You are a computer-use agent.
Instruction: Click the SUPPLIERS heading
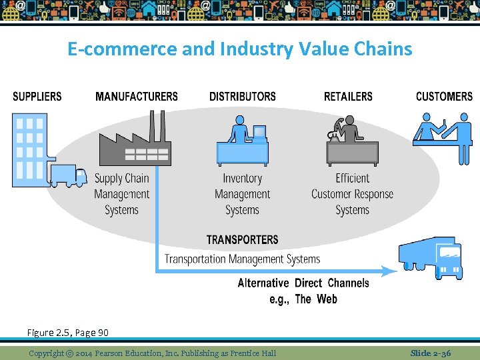pos(37,97)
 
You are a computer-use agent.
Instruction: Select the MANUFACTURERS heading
pos(137,97)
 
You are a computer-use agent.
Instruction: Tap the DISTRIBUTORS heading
pos(242,97)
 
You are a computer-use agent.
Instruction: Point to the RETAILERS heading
pos(348,97)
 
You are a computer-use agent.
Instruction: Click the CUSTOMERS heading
pos(444,97)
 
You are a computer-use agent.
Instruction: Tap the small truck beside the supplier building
pos(68,175)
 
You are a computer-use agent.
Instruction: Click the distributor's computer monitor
pos(259,132)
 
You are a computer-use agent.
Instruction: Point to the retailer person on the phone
pos(346,131)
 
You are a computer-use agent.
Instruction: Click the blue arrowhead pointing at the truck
pos(389,271)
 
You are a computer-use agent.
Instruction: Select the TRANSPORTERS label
pos(243,240)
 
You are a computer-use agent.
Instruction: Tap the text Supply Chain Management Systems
pos(122,194)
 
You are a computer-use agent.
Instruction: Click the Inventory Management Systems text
pos(242,194)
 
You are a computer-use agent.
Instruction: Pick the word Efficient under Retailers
pos(353,178)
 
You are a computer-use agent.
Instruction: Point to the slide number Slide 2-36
pos(431,353)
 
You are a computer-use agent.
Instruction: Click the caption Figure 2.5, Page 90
pos(68,332)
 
